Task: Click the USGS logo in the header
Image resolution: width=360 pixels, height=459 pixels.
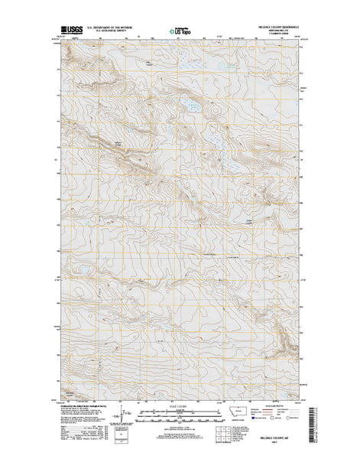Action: pyautogui.click(x=73, y=30)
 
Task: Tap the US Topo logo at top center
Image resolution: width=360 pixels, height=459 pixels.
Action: pyautogui.click(x=180, y=30)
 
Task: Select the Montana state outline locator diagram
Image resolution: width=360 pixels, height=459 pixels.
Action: pyautogui.click(x=243, y=412)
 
